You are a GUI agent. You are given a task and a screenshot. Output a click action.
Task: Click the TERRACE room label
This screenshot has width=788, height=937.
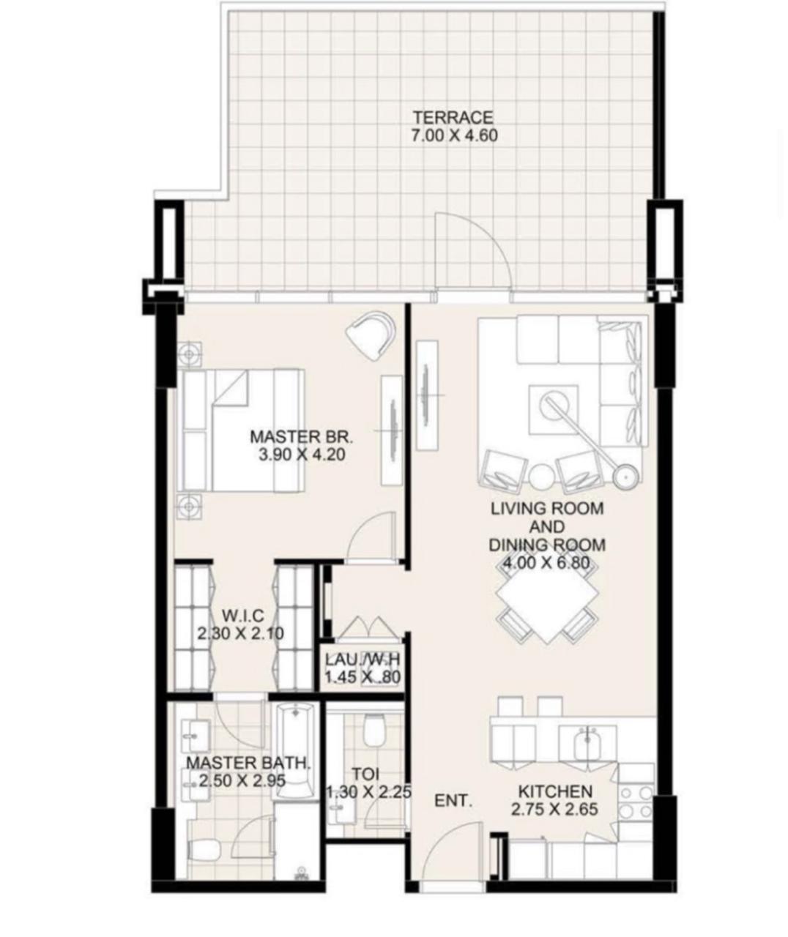(453, 118)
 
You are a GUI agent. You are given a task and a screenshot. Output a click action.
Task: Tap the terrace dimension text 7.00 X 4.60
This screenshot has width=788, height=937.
(454, 135)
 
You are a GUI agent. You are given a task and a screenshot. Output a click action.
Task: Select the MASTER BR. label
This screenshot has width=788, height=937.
(302, 436)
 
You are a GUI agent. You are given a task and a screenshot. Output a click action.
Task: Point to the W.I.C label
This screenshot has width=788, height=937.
(242, 615)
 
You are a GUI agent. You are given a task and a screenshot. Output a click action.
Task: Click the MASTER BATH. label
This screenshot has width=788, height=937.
(248, 763)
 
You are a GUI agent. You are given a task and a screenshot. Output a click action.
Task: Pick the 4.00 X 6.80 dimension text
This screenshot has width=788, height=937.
(546, 562)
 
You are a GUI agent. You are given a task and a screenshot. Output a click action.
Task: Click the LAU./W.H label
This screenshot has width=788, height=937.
(363, 660)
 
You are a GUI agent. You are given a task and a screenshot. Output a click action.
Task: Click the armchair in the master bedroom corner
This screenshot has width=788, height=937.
(371, 335)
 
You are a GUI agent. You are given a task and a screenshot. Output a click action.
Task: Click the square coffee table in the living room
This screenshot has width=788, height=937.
(553, 409)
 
